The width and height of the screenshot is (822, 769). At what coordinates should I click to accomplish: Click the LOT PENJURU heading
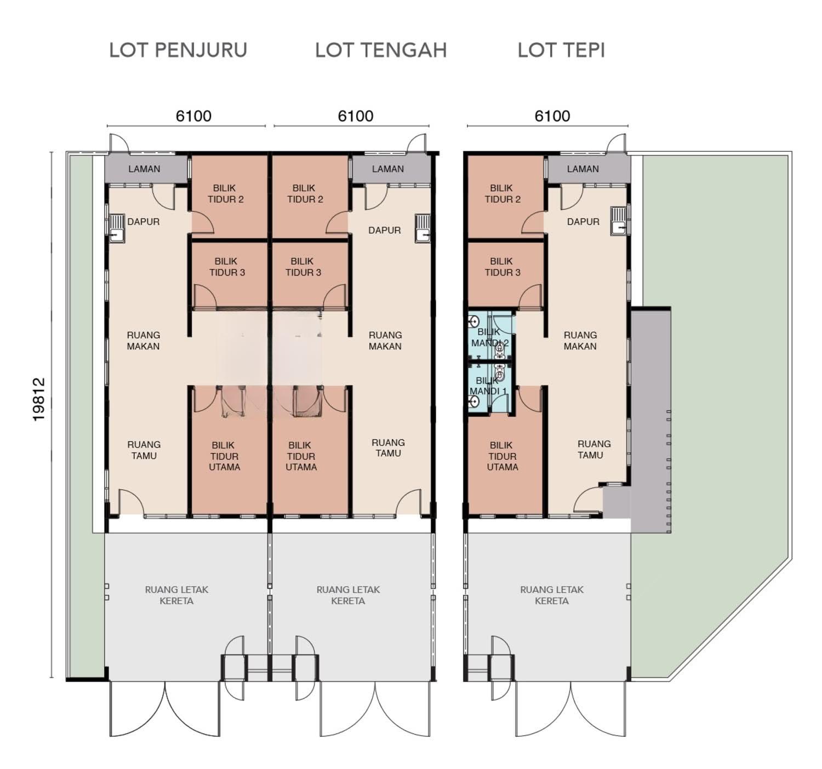178,50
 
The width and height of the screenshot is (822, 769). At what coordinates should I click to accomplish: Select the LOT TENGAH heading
381,50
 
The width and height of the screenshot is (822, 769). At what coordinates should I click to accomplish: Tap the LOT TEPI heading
561,50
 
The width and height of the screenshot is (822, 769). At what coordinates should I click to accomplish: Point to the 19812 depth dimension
38,399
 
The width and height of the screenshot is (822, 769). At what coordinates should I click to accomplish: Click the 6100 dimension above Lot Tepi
552,116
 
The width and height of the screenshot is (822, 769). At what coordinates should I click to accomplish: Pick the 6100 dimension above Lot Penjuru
193,116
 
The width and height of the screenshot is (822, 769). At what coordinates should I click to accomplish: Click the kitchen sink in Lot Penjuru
116,228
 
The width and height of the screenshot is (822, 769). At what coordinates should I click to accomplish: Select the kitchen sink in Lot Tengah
423,228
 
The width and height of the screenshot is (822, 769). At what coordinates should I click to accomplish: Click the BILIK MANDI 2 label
490,337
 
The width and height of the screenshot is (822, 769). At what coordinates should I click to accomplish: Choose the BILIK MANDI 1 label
488,386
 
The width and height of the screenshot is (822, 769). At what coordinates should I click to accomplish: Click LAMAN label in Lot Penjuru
144,169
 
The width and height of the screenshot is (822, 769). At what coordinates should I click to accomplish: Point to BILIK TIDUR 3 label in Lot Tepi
502,267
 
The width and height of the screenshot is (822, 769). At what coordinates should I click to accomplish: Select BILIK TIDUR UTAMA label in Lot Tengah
301,456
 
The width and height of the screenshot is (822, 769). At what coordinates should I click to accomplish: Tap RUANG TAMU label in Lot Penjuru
144,450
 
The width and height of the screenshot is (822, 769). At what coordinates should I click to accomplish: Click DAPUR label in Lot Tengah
385,230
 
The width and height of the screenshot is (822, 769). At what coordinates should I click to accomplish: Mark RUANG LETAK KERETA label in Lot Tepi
552,595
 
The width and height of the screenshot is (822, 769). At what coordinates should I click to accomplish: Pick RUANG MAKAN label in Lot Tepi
580,341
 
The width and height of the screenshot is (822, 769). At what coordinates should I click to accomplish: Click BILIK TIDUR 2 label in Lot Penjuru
226,194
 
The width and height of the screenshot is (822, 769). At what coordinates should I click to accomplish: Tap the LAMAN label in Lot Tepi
583,169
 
